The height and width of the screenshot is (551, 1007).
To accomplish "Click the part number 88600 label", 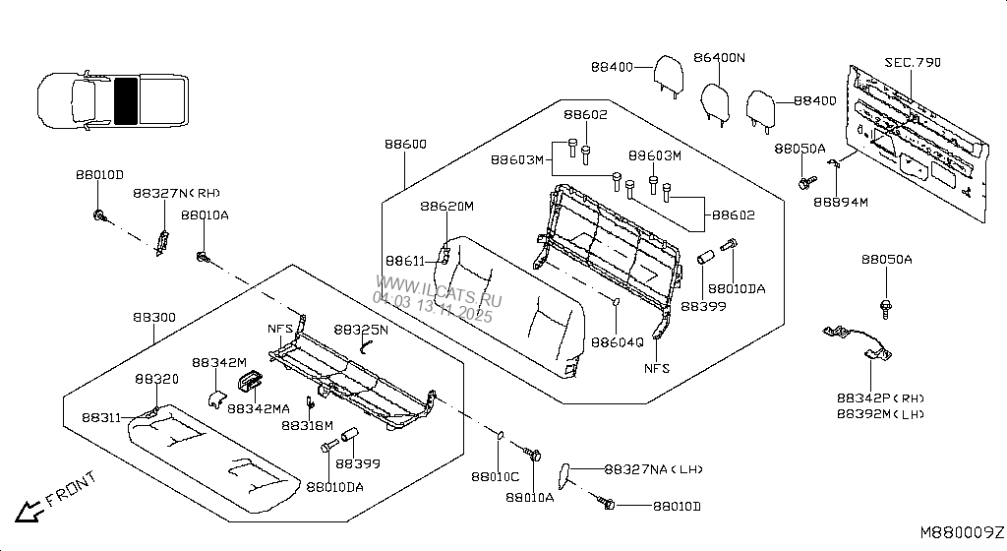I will coord(405,145).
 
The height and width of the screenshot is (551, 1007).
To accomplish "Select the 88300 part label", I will coord(154,318).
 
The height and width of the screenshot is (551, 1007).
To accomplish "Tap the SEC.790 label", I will coord(912,62).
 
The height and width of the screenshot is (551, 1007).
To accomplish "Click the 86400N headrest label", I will coord(718,58).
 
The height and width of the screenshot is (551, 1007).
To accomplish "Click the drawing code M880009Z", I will coord(962,531).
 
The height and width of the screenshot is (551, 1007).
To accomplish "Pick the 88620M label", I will coord(446,207).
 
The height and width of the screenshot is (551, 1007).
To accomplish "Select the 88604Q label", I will coord(617,342).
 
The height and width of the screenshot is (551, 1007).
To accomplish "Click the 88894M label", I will coord(841,203).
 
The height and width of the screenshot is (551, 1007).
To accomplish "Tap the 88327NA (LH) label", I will coord(652,470).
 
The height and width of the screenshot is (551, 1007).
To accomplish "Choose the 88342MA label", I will coord(259,407).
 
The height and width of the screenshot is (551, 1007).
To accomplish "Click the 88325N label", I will coord(360,330).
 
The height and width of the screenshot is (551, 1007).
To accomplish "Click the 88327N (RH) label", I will coord(176,194).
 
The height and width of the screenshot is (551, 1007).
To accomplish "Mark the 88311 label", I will coord(101,417).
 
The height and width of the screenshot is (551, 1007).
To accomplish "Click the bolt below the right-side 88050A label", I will coord(886,305).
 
